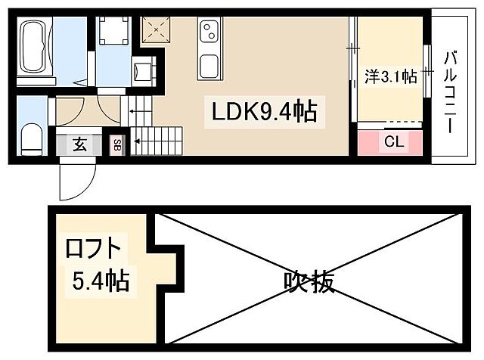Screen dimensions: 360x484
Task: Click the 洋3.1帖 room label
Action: click(x=390, y=76)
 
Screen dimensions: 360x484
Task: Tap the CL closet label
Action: click(x=393, y=141)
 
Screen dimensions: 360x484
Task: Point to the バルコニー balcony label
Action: click(x=451, y=90)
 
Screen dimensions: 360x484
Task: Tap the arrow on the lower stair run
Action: click(x=139, y=139)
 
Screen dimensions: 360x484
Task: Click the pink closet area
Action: click(x=393, y=142)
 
